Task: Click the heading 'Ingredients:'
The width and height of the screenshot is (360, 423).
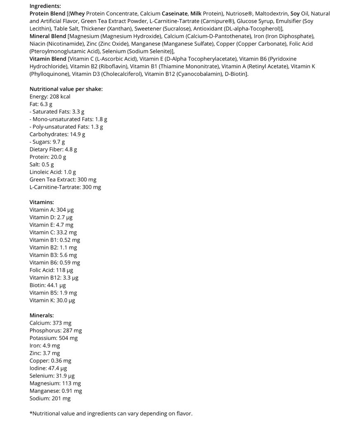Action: pos(45,6)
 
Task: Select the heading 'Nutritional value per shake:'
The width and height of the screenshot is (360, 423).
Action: pos(66,89)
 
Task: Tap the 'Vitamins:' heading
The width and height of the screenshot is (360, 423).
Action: pos(42,202)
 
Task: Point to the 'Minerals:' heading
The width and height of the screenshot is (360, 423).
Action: pos(42,315)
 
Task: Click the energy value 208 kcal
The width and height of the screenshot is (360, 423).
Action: pos(60,97)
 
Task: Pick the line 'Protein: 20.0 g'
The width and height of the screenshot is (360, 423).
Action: pos(47,157)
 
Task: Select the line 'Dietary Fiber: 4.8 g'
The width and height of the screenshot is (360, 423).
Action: pos(53,150)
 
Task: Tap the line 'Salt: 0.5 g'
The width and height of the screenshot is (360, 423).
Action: pos(41,164)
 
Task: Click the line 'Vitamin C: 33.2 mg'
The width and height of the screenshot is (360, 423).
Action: pos(53,232)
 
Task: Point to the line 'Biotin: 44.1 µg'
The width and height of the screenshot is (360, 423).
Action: pos(47,285)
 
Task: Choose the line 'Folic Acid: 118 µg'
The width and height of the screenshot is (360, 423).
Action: pos(51,270)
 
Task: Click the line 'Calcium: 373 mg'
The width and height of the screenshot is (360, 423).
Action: pos(50,323)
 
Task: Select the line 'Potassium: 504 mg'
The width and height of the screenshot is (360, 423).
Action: pos(53,338)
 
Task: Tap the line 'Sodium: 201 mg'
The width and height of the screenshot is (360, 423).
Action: pos(50,399)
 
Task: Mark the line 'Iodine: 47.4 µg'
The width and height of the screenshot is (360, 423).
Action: pos(48,368)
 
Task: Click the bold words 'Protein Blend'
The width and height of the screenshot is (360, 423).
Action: pos(47,14)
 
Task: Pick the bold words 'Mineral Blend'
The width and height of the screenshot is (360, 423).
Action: pos(47,36)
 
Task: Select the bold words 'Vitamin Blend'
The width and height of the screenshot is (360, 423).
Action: pos(47,59)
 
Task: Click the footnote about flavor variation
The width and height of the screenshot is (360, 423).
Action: pos(111,413)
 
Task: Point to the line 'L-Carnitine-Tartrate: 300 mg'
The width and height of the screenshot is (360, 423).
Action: pos(65,187)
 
